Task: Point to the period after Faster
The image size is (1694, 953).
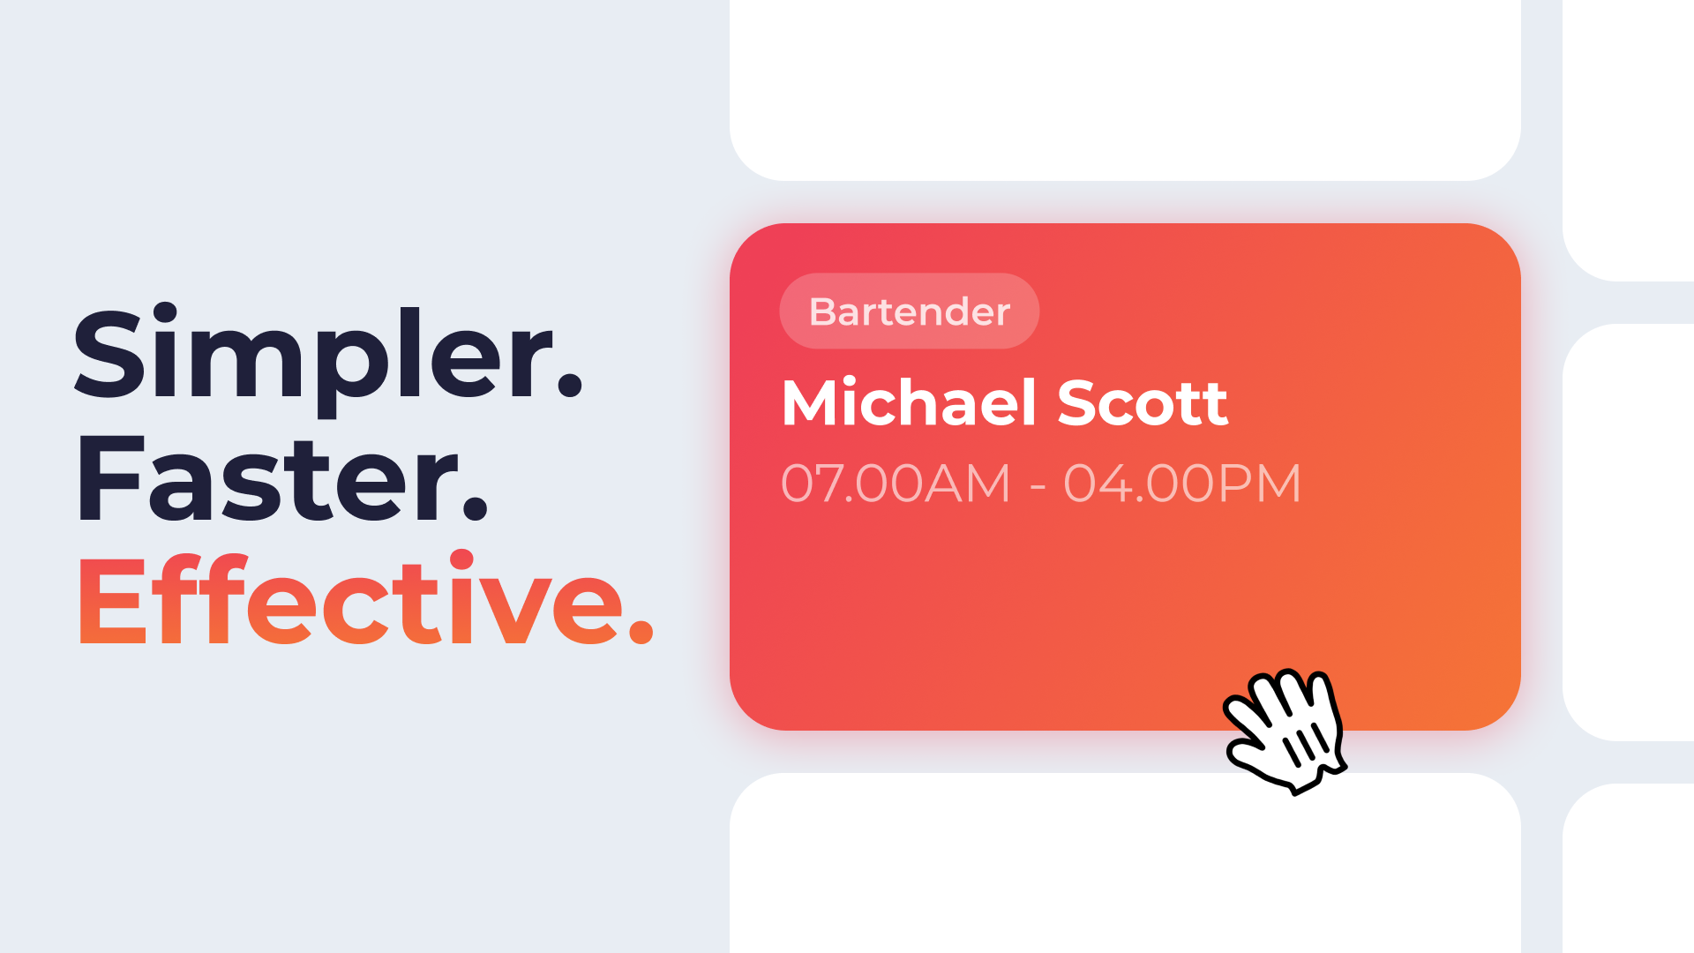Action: pyautogui.click(x=475, y=509)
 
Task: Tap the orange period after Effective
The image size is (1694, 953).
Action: pyautogui.click(x=641, y=632)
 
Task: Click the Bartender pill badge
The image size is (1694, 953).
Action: pyautogui.click(x=909, y=311)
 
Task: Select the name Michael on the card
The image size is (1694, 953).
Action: pyautogui.click(x=909, y=403)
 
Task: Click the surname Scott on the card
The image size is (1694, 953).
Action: pyautogui.click(x=1143, y=403)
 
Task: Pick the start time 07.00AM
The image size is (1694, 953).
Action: pyautogui.click(x=896, y=484)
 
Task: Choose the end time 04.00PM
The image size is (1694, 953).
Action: pyautogui.click(x=1182, y=484)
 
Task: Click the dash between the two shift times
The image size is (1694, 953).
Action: pyautogui.click(x=1038, y=486)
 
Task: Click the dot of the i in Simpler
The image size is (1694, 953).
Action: pyautogui.click(x=165, y=314)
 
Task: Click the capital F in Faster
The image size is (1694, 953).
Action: pyautogui.click(x=110, y=480)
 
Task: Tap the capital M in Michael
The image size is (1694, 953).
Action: pyautogui.click(x=816, y=403)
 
